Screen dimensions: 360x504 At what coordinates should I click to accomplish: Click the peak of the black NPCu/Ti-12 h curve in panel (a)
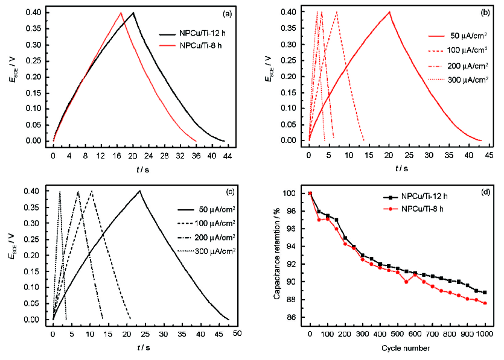[x=133, y=13]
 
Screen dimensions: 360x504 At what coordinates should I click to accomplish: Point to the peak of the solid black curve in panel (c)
[x=139, y=191]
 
